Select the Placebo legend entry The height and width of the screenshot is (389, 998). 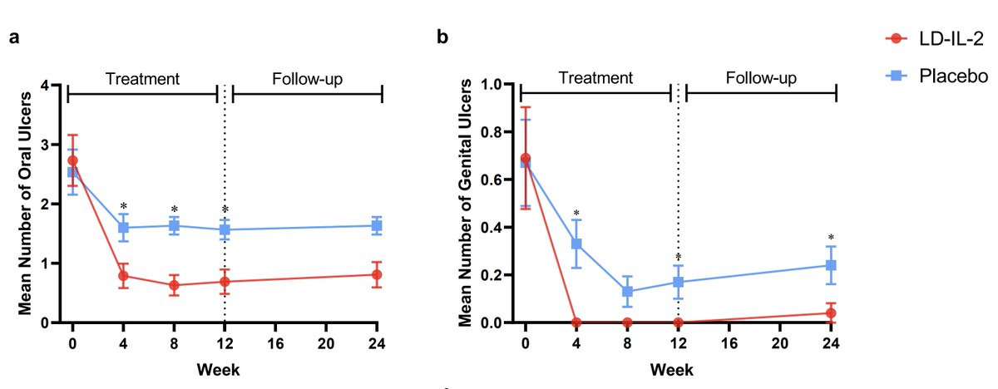point(940,76)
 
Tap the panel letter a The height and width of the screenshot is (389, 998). point(14,38)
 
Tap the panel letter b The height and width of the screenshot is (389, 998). point(442,38)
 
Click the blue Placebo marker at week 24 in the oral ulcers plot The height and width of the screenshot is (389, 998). point(377,225)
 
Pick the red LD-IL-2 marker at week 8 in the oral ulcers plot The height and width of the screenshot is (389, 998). point(174,285)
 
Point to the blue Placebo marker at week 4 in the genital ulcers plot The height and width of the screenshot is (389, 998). point(576,244)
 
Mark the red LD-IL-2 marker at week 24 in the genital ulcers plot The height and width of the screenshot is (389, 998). point(830,313)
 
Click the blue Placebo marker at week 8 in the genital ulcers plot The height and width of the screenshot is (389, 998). point(627,292)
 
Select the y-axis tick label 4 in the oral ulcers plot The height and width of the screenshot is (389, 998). point(54,85)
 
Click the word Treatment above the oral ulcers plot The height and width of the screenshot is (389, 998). point(142,79)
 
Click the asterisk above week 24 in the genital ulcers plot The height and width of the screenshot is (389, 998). point(830,238)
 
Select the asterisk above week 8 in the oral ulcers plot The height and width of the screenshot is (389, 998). point(174,210)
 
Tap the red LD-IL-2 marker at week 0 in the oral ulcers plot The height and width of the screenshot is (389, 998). point(72,160)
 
